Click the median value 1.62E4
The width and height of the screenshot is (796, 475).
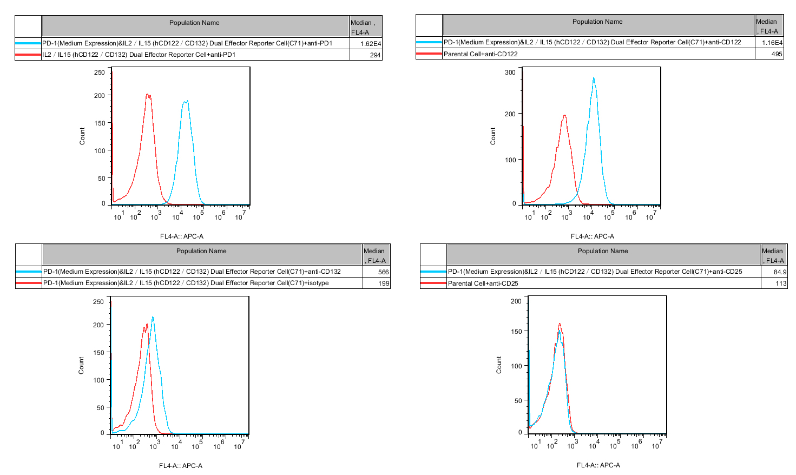pos(371,44)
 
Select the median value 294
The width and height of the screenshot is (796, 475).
pos(376,55)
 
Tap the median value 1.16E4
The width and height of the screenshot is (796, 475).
pos(772,43)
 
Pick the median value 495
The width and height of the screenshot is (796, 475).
pos(777,54)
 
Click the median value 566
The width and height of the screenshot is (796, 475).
pos(384,272)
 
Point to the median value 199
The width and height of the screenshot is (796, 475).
pos(384,283)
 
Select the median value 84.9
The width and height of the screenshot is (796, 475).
pos(780,272)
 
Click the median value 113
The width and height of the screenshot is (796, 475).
pos(781,283)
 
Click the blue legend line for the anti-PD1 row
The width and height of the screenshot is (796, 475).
pos(28,43)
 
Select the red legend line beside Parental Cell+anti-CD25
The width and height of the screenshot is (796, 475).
pos(433,283)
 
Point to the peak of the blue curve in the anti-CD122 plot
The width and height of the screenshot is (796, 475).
pos(594,78)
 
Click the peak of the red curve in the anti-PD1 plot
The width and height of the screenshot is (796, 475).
pos(147,95)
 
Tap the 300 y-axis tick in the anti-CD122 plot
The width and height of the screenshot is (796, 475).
pos(510,72)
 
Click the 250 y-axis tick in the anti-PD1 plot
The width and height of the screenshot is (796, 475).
pos(100,72)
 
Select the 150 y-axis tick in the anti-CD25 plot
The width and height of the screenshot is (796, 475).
pos(516,331)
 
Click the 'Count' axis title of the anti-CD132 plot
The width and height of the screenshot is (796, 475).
pos(82,365)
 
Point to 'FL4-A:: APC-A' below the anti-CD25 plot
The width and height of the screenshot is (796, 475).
pos(598,465)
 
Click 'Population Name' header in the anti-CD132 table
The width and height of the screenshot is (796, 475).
pos(201,251)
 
